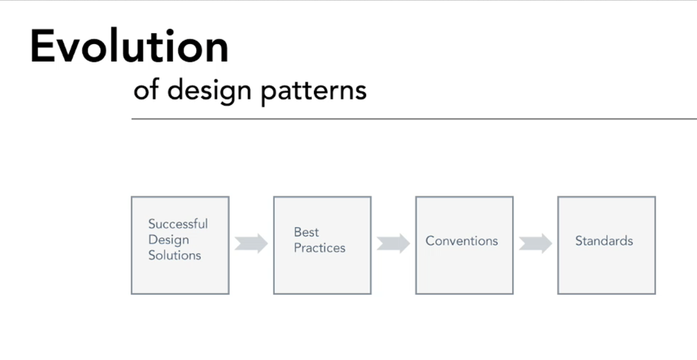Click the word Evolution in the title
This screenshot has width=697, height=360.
point(130,46)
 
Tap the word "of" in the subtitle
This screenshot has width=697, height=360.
point(146,89)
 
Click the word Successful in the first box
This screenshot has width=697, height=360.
point(178,224)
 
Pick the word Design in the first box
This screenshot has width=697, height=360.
point(168,240)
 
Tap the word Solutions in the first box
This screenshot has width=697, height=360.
point(175,255)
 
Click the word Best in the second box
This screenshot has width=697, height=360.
point(306,232)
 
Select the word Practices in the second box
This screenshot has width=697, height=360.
point(319,247)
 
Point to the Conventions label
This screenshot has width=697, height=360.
point(462,241)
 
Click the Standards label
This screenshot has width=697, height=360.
point(603,241)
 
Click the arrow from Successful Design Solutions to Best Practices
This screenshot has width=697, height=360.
point(251,243)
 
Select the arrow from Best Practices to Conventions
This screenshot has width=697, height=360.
point(393,243)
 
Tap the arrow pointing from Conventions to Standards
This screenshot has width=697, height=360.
point(536,243)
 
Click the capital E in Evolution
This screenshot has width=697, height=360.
point(42,47)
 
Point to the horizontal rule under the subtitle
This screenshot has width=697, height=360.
point(414,119)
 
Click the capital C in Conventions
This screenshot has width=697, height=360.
point(431,241)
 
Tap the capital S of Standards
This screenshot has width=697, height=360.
point(579,241)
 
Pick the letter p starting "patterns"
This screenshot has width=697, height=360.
point(268,94)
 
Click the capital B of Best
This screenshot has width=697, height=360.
point(298,232)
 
